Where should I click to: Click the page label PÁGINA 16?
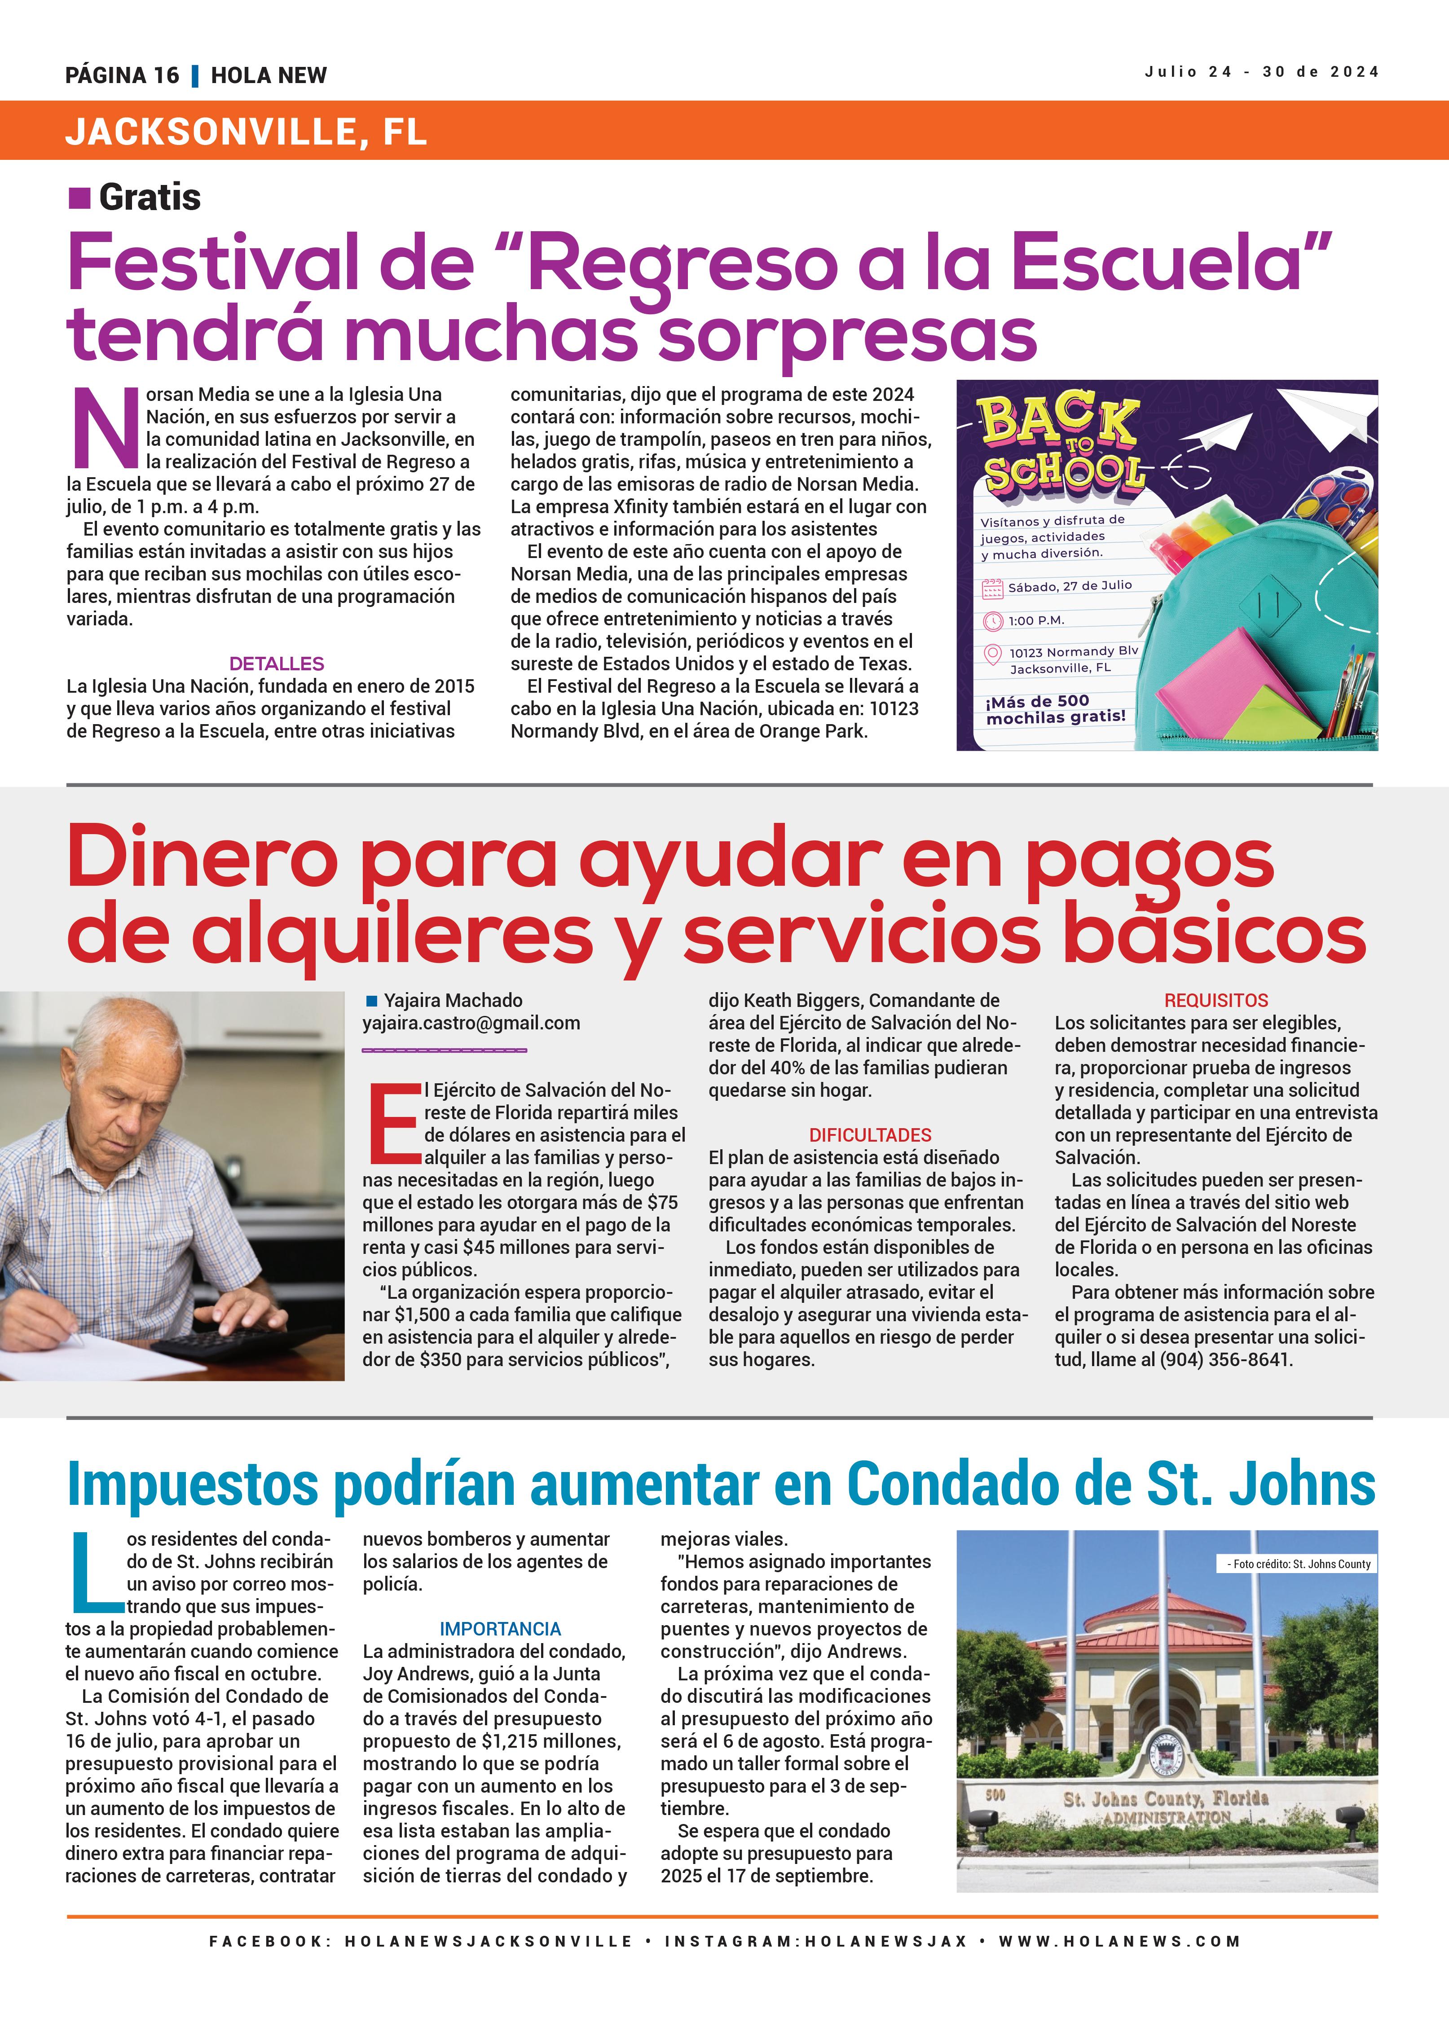(122, 76)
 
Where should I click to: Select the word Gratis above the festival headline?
(150, 197)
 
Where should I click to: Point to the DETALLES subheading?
(277, 664)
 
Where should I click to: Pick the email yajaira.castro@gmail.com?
(471, 1024)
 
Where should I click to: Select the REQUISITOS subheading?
(1216, 1000)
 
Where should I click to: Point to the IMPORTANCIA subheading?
(500, 1629)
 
